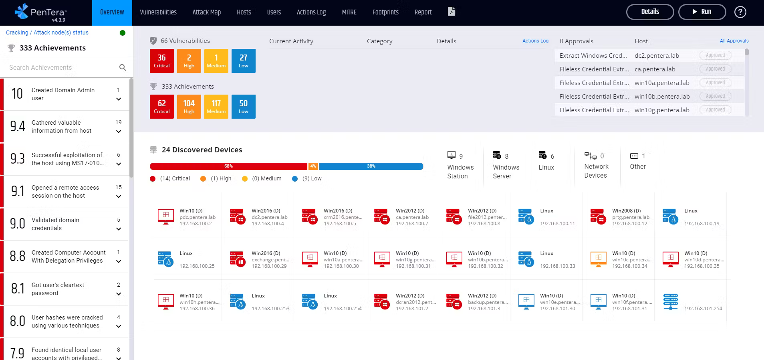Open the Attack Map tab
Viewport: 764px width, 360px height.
pyautogui.click(x=206, y=12)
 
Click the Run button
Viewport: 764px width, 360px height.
pyautogui.click(x=702, y=12)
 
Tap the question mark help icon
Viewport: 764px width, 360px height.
pyautogui.click(x=740, y=12)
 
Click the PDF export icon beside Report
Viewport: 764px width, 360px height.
pyautogui.click(x=452, y=12)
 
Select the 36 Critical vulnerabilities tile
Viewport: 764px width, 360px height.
pyautogui.click(x=162, y=61)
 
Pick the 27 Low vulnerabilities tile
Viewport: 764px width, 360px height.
pyautogui.click(x=244, y=61)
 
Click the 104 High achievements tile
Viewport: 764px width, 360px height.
pyautogui.click(x=189, y=107)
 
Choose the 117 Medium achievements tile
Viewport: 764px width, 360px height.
pyautogui.click(x=216, y=107)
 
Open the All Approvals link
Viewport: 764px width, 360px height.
pyautogui.click(x=734, y=41)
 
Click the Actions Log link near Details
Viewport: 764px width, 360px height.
pyautogui.click(x=535, y=41)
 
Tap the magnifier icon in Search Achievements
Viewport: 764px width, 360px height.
pyautogui.click(x=123, y=68)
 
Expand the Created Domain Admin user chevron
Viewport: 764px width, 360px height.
pyautogui.click(x=119, y=99)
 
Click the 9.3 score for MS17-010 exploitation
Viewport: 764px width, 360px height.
pyautogui.click(x=18, y=159)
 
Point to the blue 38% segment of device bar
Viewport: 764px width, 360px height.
pyautogui.click(x=371, y=166)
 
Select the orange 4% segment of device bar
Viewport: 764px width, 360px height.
pyautogui.click(x=313, y=166)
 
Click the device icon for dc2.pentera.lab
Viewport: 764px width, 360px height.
pyautogui.click(x=238, y=216)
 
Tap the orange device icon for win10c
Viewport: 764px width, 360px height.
pyautogui.click(x=598, y=259)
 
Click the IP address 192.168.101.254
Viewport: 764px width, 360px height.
pyautogui.click(x=703, y=309)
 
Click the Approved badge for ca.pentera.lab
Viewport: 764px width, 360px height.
pyautogui.click(x=715, y=69)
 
